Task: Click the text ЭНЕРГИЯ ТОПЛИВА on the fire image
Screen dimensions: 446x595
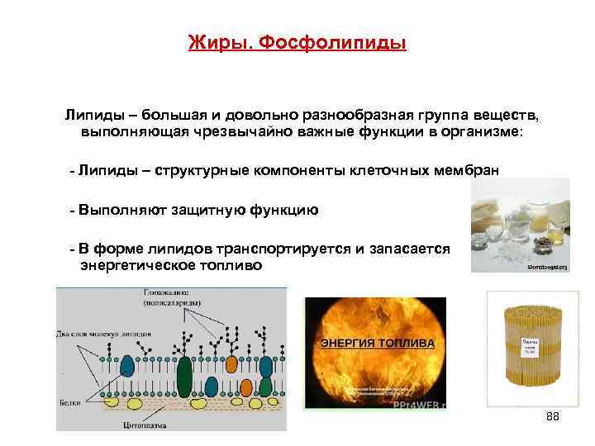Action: pyautogui.click(x=375, y=341)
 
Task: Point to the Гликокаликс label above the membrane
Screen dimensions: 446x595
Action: pyautogui.click(x=168, y=293)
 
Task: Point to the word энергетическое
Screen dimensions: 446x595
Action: pyautogui.click(x=137, y=265)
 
